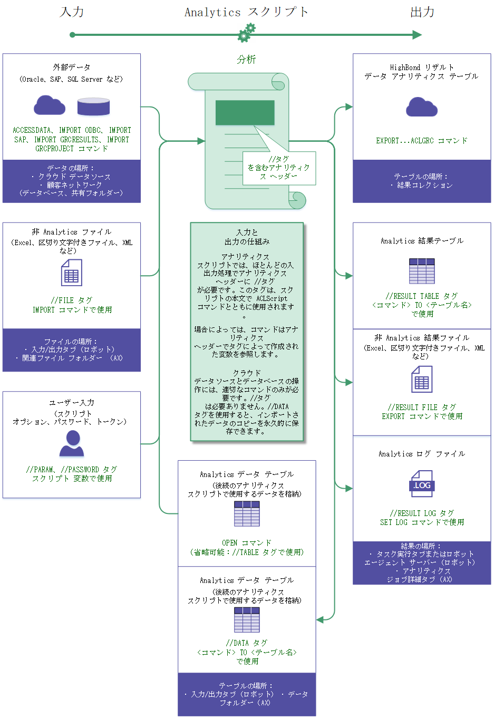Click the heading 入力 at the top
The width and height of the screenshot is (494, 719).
click(72, 12)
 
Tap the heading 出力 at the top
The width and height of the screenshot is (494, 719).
click(422, 12)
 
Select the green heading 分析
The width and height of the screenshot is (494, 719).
click(246, 60)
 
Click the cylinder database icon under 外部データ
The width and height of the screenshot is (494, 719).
click(93, 106)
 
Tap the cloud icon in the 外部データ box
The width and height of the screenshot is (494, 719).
click(50, 105)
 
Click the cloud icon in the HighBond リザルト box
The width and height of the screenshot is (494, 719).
click(422, 107)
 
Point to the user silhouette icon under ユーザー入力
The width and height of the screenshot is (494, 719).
click(72, 443)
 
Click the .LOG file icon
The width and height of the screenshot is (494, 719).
click(422, 484)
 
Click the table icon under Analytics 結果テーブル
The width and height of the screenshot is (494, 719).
click(422, 271)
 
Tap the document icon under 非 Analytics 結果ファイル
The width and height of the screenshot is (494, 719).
click(422, 380)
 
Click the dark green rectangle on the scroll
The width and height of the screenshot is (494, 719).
click(245, 112)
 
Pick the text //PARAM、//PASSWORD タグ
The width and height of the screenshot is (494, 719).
click(72, 469)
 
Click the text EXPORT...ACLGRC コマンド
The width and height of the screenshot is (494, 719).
click(422, 141)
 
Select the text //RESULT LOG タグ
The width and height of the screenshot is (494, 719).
click(422, 513)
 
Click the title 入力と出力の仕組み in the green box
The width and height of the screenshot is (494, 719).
click(247, 237)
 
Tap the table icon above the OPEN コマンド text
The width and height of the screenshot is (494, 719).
click(247, 514)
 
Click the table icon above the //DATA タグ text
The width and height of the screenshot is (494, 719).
click(247, 620)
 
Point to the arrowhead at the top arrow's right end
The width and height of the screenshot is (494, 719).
click(417, 35)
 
